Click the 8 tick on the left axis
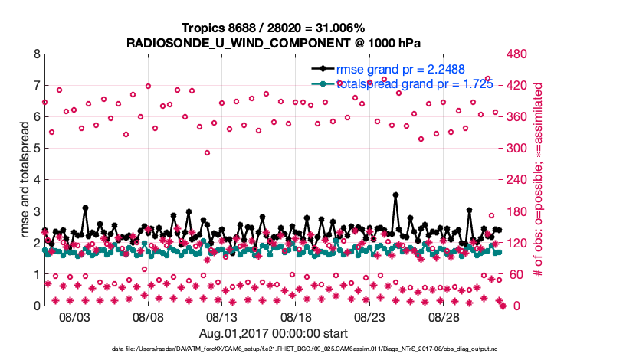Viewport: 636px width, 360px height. click(37, 55)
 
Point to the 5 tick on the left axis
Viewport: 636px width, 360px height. click(37, 149)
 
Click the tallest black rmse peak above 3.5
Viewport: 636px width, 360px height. click(395, 195)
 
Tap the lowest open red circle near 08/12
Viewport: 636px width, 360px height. click(207, 153)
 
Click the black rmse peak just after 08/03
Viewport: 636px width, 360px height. click(85, 208)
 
